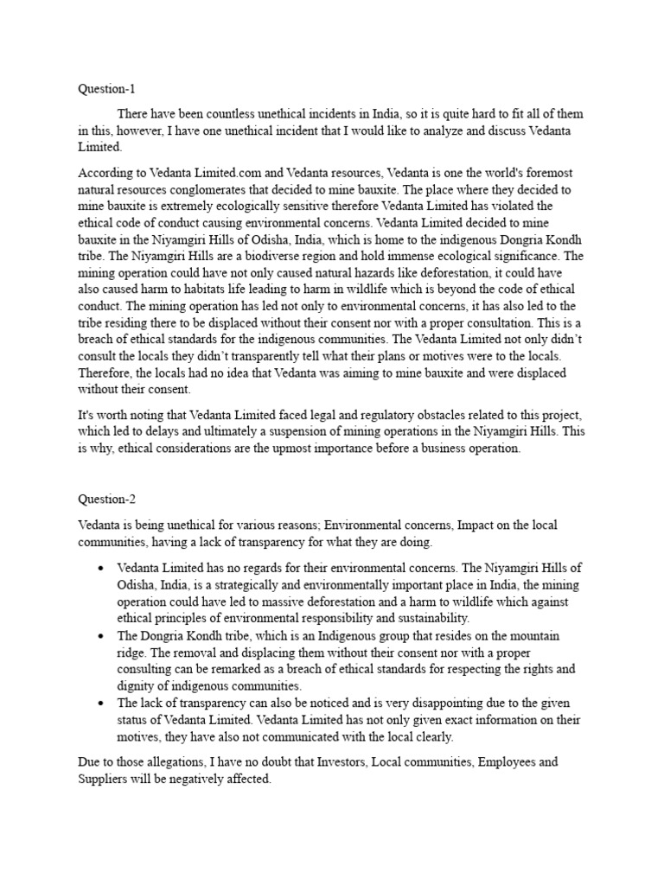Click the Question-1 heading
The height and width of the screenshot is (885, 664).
click(x=107, y=89)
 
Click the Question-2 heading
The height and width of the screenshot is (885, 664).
click(x=107, y=499)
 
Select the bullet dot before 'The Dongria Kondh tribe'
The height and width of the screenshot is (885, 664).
click(x=102, y=635)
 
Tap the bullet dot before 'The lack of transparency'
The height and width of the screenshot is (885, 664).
click(x=102, y=703)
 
